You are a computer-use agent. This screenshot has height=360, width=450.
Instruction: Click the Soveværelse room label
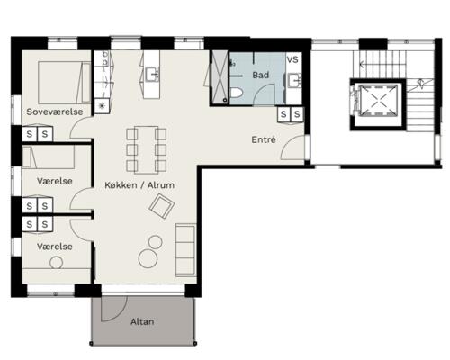pos(55,112)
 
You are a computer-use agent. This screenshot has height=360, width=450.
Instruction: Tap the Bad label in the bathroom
pos(260,75)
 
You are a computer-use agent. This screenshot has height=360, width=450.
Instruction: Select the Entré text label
pos(264,139)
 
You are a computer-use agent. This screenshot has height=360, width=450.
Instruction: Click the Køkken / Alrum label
pos(139,185)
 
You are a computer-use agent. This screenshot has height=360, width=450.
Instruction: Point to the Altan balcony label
pos(142,321)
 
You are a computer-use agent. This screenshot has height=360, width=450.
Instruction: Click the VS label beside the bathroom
pos(292,59)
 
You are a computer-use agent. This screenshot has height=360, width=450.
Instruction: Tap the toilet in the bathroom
pos(237,94)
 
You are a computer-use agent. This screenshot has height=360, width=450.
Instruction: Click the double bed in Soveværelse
pos(65,83)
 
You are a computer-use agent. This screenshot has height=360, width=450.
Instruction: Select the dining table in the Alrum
pos(147,150)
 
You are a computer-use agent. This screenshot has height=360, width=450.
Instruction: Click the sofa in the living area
pos(185,249)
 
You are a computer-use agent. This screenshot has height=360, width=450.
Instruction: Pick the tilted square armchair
pos(162,206)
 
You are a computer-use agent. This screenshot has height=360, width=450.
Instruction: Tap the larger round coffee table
pos(148,259)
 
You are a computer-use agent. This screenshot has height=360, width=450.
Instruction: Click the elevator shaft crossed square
pos(379,100)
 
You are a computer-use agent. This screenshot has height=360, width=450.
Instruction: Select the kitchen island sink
pos(152,75)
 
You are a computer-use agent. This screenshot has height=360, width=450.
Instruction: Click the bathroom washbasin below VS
pos(294,80)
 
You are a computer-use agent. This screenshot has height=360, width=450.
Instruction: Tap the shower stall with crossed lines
pos(220,77)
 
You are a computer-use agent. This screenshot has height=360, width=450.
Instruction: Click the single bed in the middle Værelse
pos(48,157)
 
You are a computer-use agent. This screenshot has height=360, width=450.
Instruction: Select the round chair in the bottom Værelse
pos(56,263)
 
